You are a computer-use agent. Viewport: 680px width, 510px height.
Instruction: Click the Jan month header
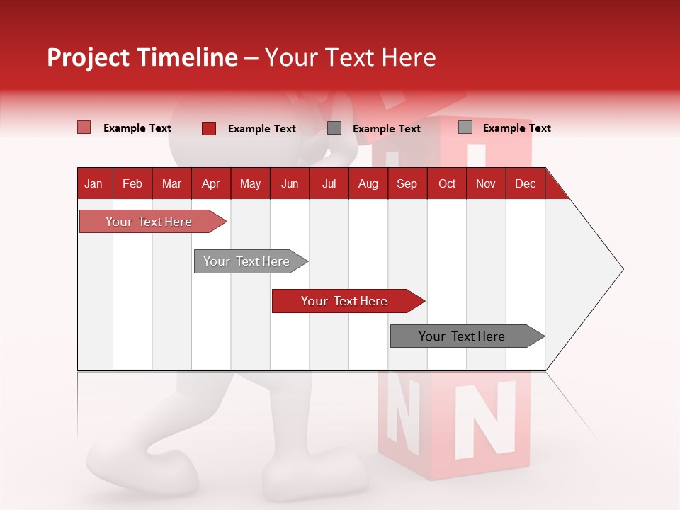(93, 183)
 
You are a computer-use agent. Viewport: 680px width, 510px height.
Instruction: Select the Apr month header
(210, 183)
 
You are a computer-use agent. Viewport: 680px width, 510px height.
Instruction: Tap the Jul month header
(329, 183)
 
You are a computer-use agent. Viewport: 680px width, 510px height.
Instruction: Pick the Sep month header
(407, 183)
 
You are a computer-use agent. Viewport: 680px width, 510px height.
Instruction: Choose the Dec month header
(525, 183)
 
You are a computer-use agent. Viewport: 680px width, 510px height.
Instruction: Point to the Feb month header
(132, 183)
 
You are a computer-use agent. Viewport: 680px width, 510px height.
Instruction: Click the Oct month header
(447, 183)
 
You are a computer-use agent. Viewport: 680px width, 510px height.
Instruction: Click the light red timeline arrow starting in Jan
(149, 222)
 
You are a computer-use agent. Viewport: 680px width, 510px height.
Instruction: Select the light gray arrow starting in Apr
(247, 261)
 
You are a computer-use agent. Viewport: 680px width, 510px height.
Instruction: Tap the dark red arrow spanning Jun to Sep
(345, 301)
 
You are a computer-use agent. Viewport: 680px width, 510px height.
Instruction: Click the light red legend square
(84, 127)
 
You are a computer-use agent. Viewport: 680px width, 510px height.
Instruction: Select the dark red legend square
(209, 128)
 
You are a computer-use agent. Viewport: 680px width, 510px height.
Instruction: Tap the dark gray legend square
(334, 127)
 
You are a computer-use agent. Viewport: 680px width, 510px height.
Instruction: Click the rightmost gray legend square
(465, 127)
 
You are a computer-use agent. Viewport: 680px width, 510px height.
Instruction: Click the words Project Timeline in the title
(142, 57)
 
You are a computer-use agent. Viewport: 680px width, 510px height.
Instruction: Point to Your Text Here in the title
(351, 57)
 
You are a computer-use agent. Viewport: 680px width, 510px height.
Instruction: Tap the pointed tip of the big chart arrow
(621, 269)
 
